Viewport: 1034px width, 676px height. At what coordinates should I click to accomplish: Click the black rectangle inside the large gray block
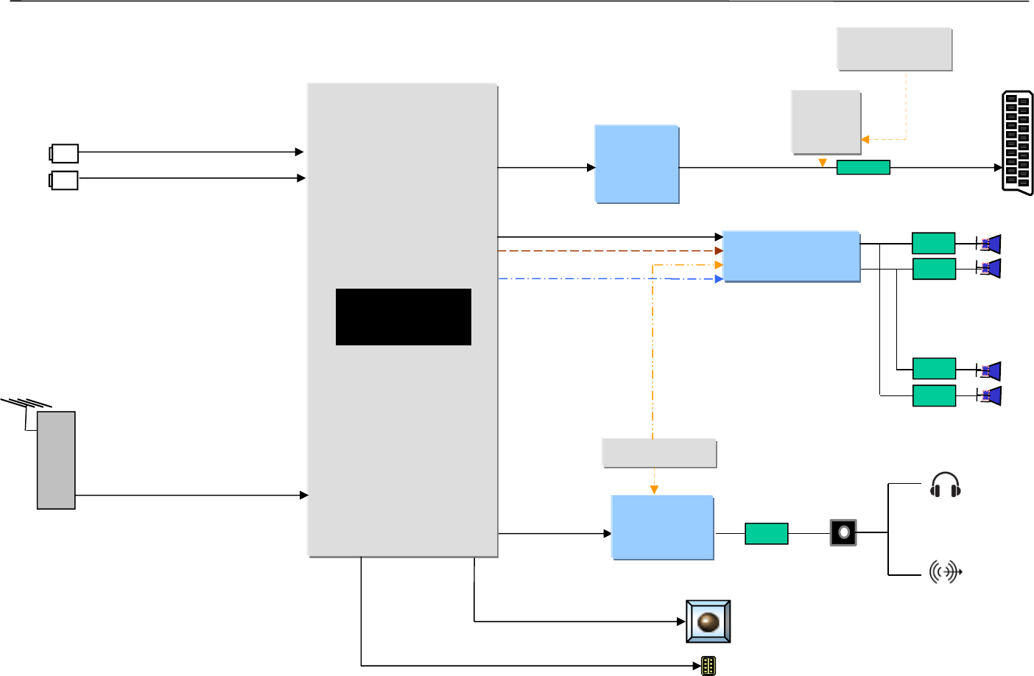[x=403, y=317]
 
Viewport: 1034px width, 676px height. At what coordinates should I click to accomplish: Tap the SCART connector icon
[x=1017, y=143]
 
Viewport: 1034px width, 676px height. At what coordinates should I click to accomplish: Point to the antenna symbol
[x=27, y=405]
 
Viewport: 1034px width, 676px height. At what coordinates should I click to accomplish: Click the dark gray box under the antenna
[x=56, y=460]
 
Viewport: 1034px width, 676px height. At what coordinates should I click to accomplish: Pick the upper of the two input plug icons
[x=64, y=153]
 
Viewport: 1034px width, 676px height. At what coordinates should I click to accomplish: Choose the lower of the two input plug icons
[x=64, y=180]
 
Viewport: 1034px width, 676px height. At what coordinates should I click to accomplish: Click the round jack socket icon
[x=843, y=532]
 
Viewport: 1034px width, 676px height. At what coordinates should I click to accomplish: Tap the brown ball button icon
[x=708, y=622]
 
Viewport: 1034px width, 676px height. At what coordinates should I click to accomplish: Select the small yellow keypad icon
[x=708, y=666]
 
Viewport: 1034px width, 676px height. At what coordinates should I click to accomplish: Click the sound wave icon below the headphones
[x=945, y=571]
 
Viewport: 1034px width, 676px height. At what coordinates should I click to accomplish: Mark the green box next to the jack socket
[x=767, y=533]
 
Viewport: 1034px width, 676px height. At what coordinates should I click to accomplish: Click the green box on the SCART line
[x=863, y=167]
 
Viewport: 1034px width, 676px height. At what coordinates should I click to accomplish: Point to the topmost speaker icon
[x=989, y=244]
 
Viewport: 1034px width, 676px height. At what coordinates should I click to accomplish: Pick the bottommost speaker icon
[x=989, y=395]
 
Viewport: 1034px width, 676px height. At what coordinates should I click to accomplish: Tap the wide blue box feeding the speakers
[x=791, y=256]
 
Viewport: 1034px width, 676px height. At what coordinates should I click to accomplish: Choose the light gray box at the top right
[x=894, y=49]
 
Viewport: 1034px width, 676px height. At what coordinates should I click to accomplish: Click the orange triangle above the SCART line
[x=823, y=163]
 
